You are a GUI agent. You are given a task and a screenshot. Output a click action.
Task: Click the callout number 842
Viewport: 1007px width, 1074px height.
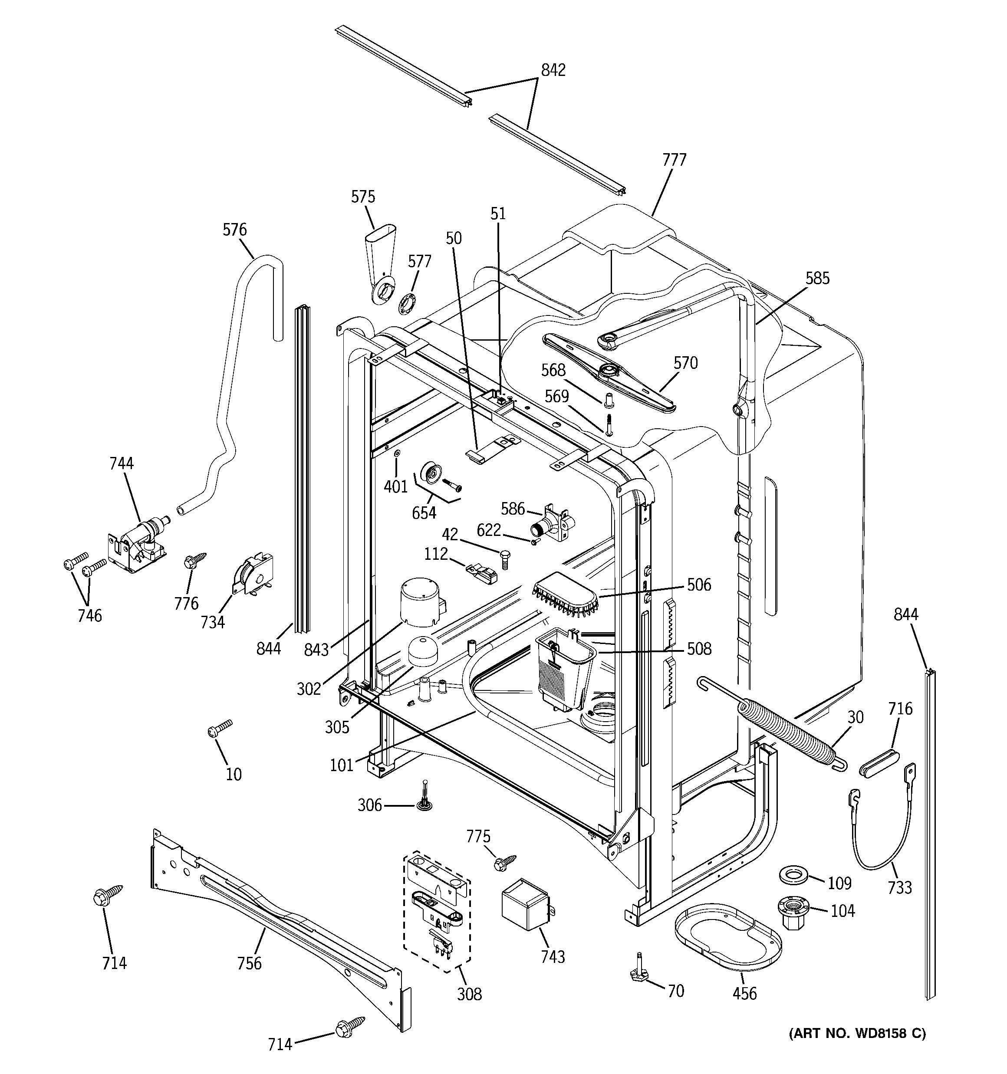pos(553,70)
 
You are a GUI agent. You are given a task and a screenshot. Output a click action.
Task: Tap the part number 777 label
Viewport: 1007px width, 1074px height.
pos(674,160)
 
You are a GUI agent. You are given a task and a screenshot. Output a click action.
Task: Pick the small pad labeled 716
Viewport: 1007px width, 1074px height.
pos(879,768)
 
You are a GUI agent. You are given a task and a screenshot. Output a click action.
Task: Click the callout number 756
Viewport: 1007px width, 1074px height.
pos(249,963)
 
